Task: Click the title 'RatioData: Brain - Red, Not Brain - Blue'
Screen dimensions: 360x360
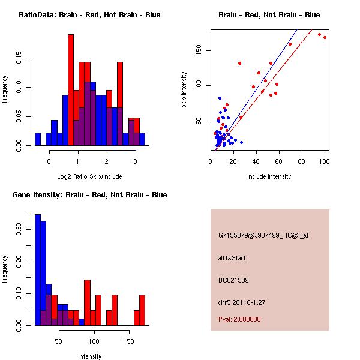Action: click(x=89, y=15)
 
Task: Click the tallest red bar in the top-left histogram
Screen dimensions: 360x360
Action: click(x=71, y=89)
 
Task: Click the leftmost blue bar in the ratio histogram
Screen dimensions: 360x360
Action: click(x=37, y=139)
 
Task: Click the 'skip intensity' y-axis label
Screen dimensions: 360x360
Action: click(x=184, y=89)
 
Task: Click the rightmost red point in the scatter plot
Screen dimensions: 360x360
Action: click(x=325, y=37)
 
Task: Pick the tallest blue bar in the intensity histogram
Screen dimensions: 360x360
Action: click(x=37, y=269)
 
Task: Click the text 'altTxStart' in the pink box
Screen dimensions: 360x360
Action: click(x=232, y=259)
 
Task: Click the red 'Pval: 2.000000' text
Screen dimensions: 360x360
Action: click(x=239, y=320)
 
